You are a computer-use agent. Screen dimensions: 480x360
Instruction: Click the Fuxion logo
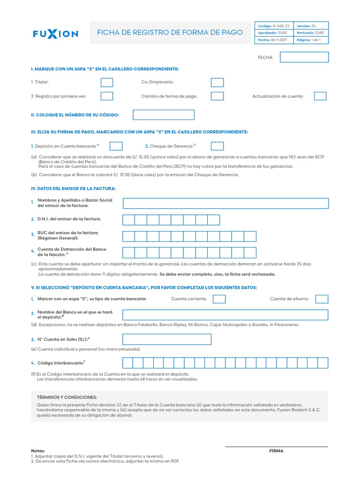click(55, 34)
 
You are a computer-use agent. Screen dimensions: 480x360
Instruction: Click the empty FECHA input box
click(304, 57)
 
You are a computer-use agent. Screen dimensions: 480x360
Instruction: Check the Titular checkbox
click(107, 82)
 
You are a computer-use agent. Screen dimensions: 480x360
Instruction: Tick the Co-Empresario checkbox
click(217, 82)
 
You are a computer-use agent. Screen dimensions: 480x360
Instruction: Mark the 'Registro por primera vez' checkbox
click(107, 96)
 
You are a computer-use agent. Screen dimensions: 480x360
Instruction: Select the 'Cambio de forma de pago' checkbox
click(217, 96)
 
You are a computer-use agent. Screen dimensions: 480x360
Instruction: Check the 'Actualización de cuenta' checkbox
click(320, 96)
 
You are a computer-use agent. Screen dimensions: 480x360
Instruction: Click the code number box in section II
click(164, 115)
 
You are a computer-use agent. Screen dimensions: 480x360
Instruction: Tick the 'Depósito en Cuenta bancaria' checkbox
click(116, 146)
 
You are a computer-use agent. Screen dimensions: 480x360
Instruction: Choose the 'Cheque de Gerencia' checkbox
click(217, 146)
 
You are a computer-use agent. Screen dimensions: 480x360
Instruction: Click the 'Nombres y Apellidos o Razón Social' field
click(225, 203)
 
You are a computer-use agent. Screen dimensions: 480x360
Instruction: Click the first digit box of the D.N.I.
click(129, 220)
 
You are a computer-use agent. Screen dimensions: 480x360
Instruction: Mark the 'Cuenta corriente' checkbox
click(219, 299)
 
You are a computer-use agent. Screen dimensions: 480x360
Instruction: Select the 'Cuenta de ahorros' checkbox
click(322, 299)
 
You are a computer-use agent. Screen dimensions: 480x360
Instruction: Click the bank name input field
click(225, 315)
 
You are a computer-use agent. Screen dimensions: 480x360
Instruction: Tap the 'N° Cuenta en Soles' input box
click(167, 339)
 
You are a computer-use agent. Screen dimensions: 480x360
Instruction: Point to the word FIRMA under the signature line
click(276, 451)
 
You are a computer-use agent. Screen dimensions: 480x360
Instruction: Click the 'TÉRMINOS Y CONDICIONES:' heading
click(67, 397)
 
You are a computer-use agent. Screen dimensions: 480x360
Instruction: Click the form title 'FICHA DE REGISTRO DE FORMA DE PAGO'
click(170, 33)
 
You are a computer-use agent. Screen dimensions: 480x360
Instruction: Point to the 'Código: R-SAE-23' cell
click(274, 26)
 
